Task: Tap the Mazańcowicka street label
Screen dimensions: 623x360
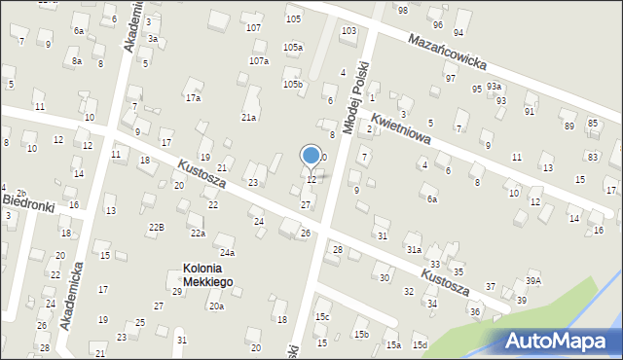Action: [447, 51]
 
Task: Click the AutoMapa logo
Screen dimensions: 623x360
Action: [560, 341]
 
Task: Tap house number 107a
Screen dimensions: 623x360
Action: [258, 60]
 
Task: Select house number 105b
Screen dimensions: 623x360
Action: [293, 85]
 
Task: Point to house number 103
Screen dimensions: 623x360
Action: [348, 31]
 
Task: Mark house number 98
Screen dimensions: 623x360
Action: [403, 10]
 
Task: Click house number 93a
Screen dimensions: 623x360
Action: [495, 87]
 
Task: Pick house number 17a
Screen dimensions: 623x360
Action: [194, 97]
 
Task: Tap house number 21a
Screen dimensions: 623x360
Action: [249, 117]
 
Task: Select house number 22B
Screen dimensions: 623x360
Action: [156, 227]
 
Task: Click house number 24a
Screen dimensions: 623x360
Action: [227, 252]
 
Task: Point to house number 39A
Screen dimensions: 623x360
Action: [533, 280]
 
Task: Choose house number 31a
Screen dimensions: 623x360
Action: [414, 250]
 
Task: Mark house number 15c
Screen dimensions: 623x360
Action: [322, 317]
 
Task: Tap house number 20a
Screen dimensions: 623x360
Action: [216, 306]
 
